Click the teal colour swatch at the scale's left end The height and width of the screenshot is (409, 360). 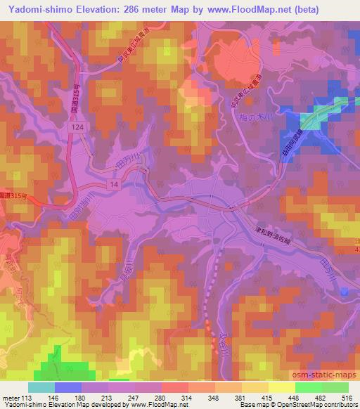(x=41, y=387)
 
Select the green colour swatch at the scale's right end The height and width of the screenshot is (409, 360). (x=335, y=387)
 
